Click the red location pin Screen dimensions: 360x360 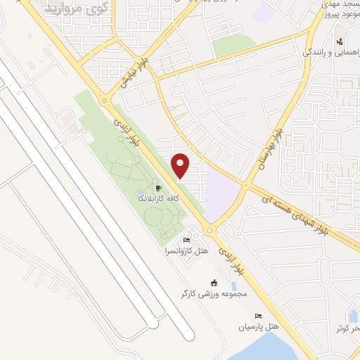(x=181, y=165)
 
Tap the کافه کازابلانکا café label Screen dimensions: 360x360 (x=159, y=199)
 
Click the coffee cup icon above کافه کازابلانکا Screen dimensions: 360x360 (x=159, y=188)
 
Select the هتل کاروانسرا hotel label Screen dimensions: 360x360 (x=182, y=250)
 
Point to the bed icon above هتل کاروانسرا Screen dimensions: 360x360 (x=182, y=240)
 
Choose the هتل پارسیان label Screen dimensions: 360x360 (x=258, y=327)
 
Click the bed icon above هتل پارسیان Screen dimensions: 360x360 (x=258, y=316)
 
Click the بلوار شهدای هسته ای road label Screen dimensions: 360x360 (x=302, y=209)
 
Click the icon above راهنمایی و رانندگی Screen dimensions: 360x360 (x=340, y=41)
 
